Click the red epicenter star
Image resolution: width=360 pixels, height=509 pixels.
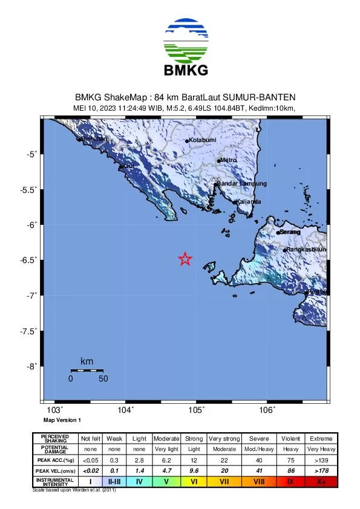coord(185,259)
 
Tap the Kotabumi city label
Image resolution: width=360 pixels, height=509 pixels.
coord(203,140)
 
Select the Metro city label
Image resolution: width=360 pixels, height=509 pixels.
coord(228,160)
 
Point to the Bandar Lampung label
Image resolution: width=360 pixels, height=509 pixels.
coord(241,183)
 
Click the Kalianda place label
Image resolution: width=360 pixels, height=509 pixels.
coord(249,201)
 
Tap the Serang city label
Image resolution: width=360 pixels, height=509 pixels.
coord(290,232)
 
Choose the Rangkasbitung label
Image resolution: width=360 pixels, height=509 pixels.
coord(306,249)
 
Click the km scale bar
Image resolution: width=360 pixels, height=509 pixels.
coord(87,370)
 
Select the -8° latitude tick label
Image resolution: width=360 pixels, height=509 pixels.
coord(30,366)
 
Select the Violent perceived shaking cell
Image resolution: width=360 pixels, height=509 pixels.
coord(290,438)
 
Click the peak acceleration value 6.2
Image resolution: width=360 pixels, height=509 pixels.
coord(166,460)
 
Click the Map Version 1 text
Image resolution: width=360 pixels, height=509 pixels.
coord(62,420)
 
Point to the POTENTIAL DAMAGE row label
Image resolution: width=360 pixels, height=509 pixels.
coord(55,449)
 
